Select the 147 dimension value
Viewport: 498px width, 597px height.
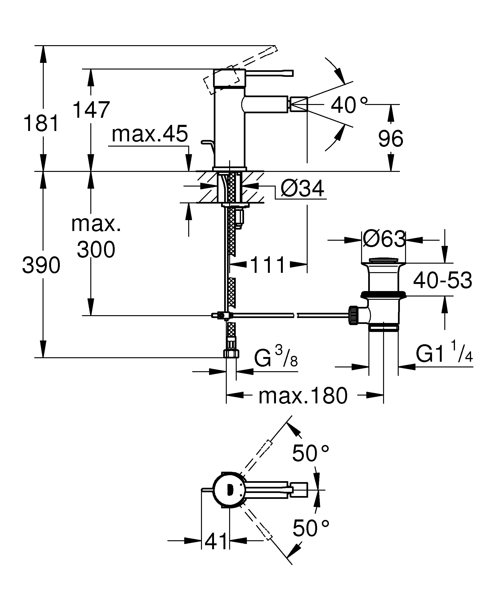coord(91,110)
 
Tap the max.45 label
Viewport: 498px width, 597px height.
coord(150,134)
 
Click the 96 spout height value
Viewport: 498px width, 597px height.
coord(391,139)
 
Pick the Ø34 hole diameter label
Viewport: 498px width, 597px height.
coord(302,189)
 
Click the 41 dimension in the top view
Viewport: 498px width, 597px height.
coord(216,541)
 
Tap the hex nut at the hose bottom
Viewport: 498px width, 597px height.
coord(231,353)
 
